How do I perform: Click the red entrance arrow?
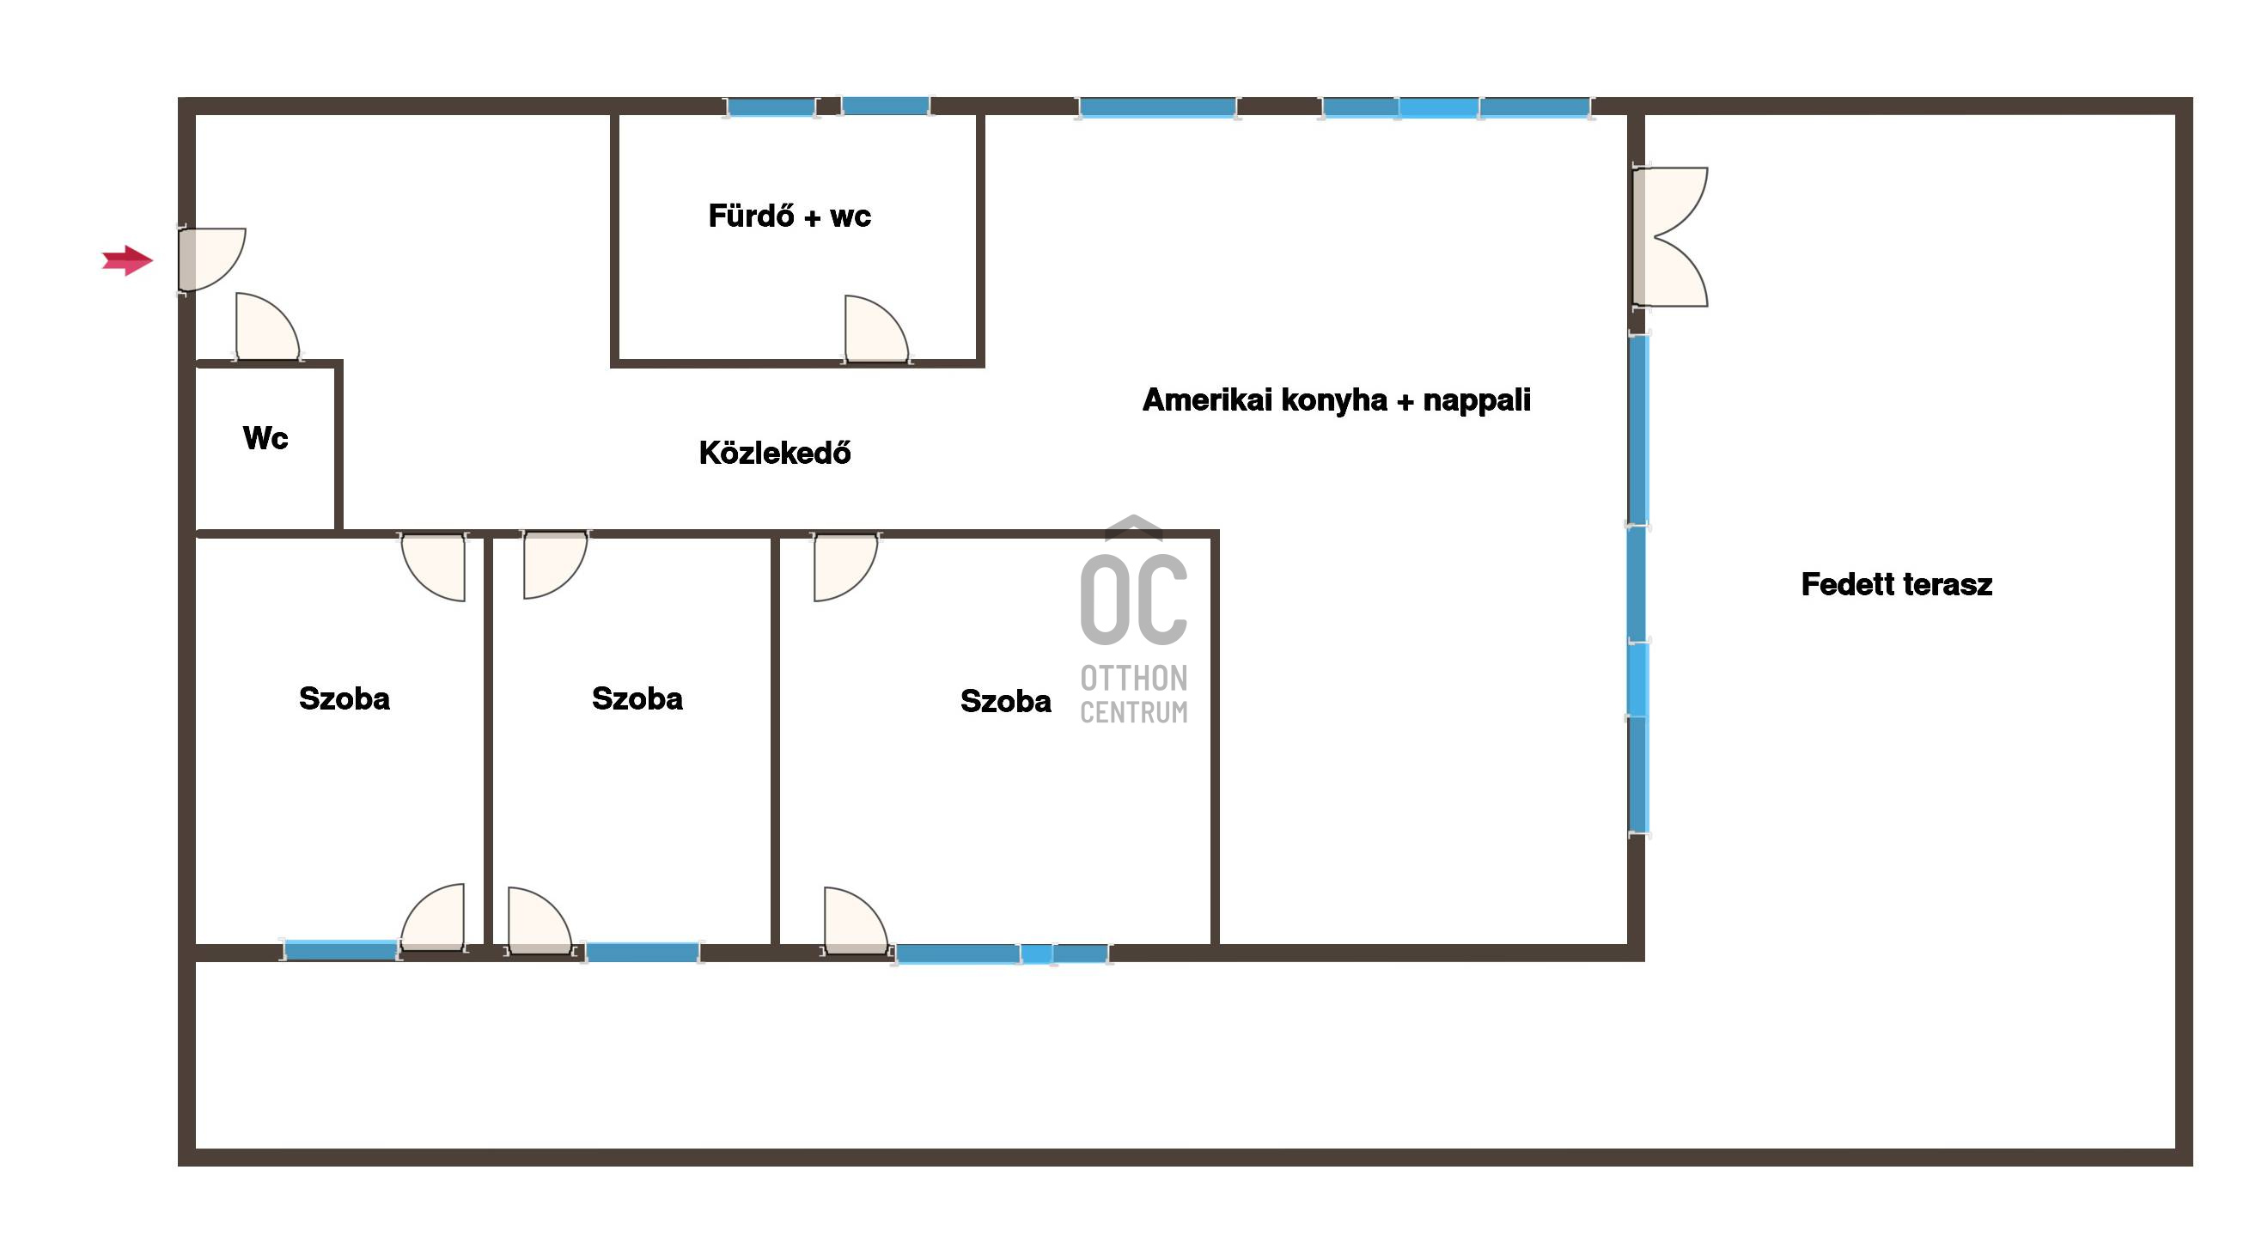point(128,259)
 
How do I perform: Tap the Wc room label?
point(265,438)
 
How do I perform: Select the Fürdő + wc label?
point(790,216)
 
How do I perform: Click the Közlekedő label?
point(775,454)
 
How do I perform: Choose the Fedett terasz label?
point(1897,585)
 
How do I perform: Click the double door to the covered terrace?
point(1670,237)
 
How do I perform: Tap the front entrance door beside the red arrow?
point(211,259)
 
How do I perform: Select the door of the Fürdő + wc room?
point(876,328)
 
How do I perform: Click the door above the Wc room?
point(268,326)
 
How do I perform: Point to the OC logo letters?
point(1134,599)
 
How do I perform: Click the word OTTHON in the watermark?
point(1134,678)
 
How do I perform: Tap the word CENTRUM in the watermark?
point(1134,712)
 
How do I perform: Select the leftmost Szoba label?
point(344,699)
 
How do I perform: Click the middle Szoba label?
point(637,699)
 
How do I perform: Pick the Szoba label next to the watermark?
point(1005,702)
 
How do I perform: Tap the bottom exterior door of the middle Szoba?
point(540,921)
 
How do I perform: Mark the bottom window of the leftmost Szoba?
point(341,951)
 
